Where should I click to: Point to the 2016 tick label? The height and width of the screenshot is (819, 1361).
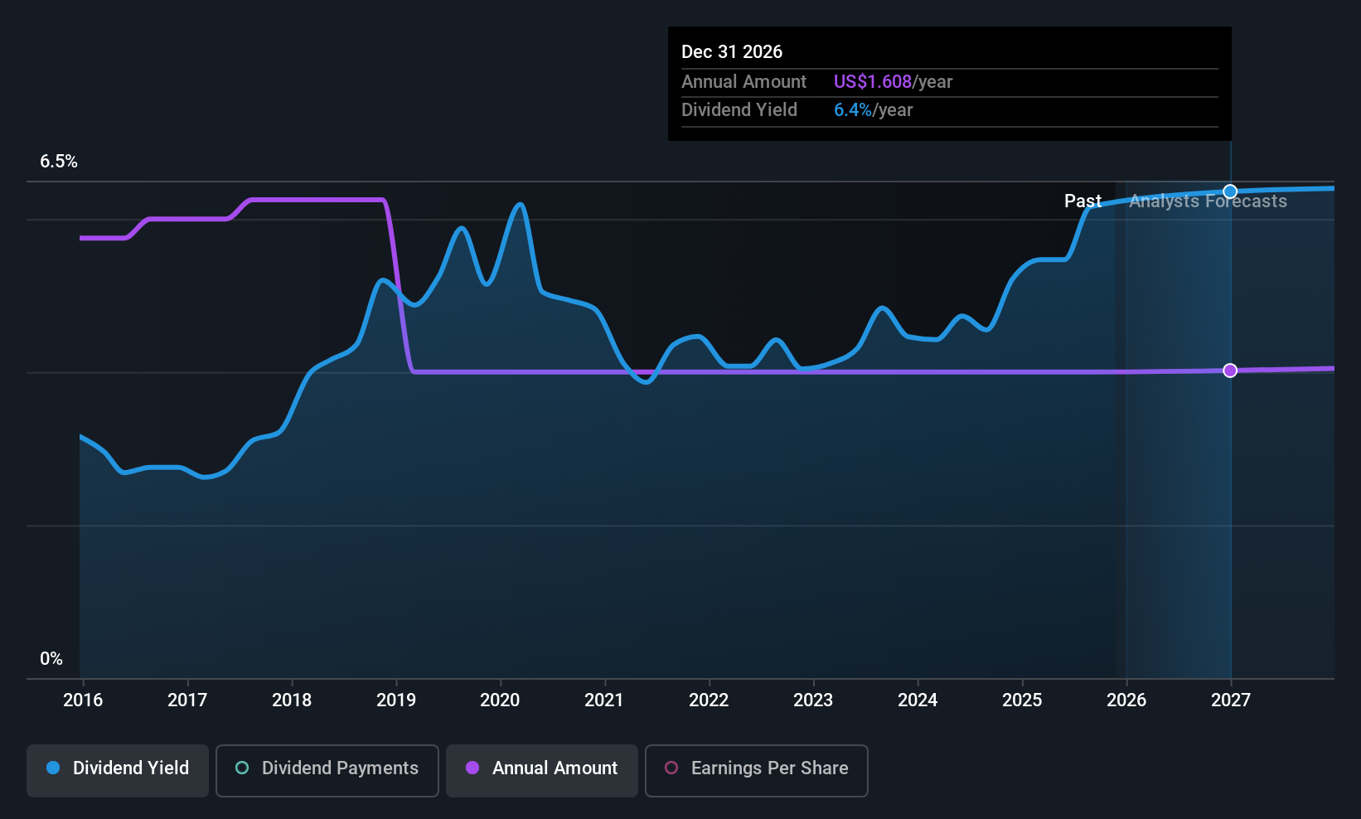83,700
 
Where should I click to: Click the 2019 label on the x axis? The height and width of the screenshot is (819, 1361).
396,700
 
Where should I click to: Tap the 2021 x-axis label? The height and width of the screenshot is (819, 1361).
604,700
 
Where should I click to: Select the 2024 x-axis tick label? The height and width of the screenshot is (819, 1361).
918,700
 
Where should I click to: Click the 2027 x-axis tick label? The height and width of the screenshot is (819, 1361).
1230,700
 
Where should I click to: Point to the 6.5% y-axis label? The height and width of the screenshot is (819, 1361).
59,162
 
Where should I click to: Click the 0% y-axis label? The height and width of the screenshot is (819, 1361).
51,659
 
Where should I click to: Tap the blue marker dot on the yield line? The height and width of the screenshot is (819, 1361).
1230,191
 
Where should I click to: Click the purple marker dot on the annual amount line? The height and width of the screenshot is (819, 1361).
1230,371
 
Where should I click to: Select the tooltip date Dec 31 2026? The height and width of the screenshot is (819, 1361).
732,52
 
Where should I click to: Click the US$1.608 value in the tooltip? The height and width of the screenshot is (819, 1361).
872,82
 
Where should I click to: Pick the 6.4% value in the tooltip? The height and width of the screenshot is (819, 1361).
852,110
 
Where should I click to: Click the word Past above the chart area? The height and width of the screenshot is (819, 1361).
1083,201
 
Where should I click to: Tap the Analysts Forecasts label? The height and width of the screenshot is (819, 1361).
1208,201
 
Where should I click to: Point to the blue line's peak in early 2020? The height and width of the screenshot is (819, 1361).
520,204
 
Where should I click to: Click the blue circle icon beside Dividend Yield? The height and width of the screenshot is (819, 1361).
53,768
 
